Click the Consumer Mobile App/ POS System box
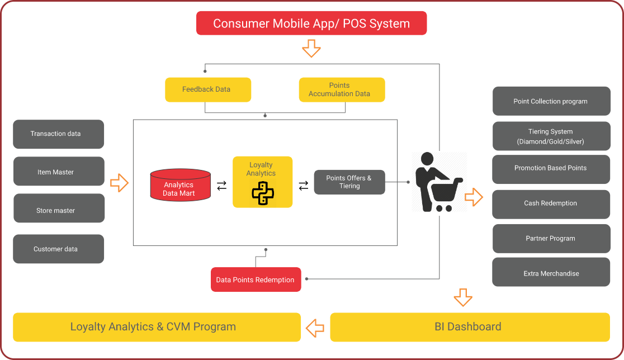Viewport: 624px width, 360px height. point(311,23)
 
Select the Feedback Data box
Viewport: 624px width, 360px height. point(208,89)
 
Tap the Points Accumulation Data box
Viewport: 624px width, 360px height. point(342,89)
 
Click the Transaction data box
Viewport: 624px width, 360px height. point(58,134)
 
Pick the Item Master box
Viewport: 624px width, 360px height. point(58,172)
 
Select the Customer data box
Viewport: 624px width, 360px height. point(58,249)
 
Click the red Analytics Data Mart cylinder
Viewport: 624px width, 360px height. point(180,186)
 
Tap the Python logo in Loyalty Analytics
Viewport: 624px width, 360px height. point(262,193)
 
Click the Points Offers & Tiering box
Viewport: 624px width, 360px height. point(349,182)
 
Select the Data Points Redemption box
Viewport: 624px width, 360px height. point(256,280)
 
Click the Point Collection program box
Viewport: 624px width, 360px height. point(551,101)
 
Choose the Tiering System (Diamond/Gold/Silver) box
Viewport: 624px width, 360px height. point(551,136)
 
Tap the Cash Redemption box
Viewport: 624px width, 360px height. point(551,203)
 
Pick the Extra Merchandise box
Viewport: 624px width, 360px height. point(551,273)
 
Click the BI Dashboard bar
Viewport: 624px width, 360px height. point(469,327)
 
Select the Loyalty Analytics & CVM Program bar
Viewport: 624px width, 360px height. point(157,327)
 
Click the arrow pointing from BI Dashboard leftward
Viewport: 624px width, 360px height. point(315,327)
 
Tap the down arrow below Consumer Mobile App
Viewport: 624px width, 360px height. point(311,49)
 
